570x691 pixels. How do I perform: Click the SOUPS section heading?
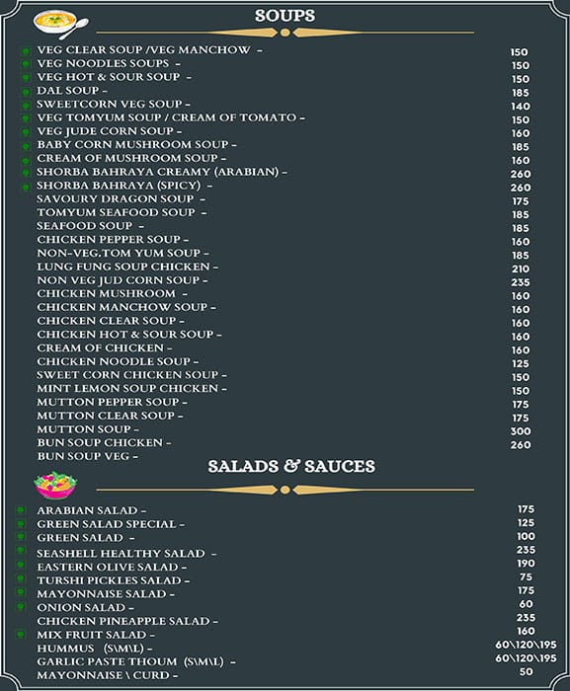point(285,16)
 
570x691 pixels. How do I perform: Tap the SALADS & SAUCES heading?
point(291,466)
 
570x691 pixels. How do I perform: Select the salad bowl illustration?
point(55,485)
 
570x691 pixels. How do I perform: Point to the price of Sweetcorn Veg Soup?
point(521,107)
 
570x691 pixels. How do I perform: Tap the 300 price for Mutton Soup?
point(521,431)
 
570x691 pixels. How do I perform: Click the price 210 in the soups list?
point(521,269)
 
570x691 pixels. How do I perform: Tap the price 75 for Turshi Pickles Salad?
point(526,577)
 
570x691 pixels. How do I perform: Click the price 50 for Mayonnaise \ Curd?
point(526,671)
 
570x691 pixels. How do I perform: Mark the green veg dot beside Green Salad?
point(21,538)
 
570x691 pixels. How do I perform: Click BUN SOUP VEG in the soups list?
point(87,456)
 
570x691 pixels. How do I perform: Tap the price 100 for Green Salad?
point(526,536)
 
